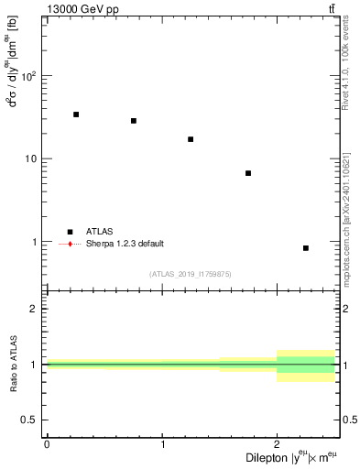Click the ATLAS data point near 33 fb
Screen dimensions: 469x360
76,115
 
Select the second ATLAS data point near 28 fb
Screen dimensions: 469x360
134,121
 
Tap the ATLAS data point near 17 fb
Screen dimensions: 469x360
191,139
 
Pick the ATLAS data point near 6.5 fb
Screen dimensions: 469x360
248,173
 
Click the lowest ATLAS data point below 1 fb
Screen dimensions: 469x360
306,248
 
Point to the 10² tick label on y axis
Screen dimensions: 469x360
29,75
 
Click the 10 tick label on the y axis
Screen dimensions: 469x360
32,158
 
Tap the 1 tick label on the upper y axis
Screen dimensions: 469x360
36,242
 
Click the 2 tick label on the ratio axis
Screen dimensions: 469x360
36,309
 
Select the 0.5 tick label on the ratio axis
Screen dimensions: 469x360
31,420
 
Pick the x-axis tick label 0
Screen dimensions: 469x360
47,444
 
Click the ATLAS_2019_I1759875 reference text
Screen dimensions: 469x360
191,274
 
